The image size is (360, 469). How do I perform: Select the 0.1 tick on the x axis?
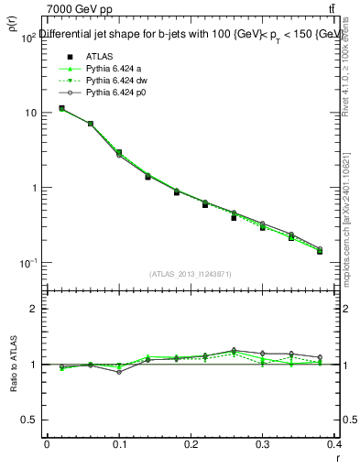click(x=119, y=443)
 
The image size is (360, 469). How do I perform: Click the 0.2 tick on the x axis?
click(x=191, y=443)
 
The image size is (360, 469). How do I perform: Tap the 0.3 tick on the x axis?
click(x=263, y=443)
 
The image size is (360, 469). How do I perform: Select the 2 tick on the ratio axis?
click(x=32, y=309)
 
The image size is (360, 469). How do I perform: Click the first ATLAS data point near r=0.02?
click(x=61, y=108)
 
